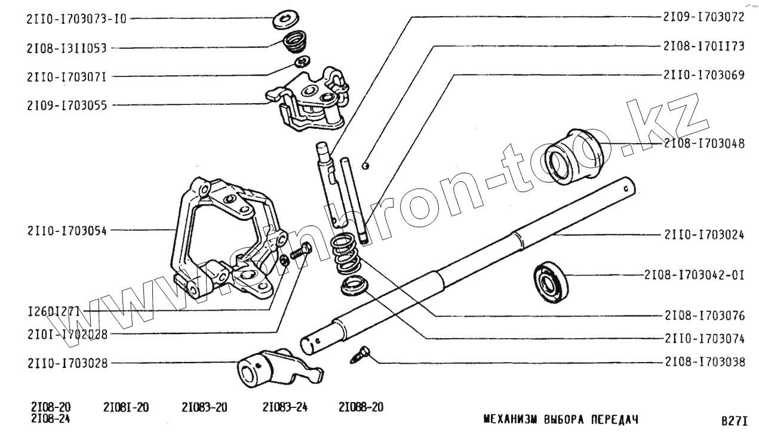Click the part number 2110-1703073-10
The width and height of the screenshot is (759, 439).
tap(76, 18)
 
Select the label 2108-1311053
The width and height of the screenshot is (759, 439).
tap(66, 48)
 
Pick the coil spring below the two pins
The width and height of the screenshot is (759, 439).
tap(346, 254)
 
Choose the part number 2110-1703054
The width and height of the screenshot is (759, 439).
tap(66, 230)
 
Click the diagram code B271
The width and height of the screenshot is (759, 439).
tap(734, 421)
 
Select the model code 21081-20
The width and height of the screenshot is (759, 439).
tap(126, 408)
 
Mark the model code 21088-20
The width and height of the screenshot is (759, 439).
tap(361, 408)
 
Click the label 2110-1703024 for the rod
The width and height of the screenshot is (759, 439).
tap(703, 235)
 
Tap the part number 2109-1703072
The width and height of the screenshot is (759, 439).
tap(703, 17)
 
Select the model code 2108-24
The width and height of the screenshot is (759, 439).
tap(51, 418)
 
